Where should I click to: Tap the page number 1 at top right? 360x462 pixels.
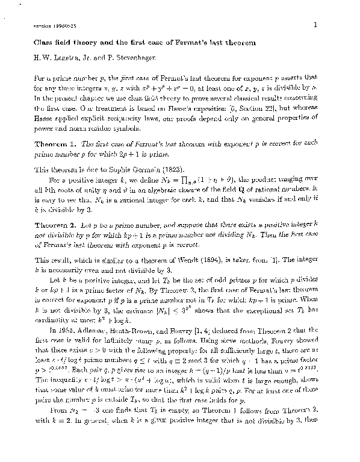tap(315, 25)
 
